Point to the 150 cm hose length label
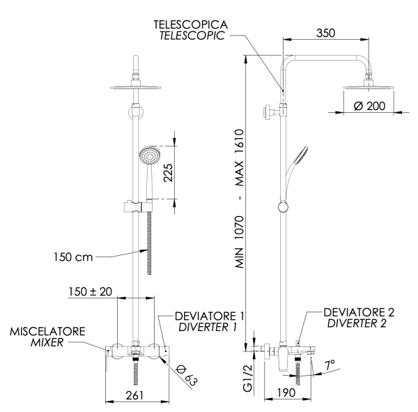click(74, 257)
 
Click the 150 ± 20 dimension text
click(90, 292)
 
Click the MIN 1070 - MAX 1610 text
click(240, 201)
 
